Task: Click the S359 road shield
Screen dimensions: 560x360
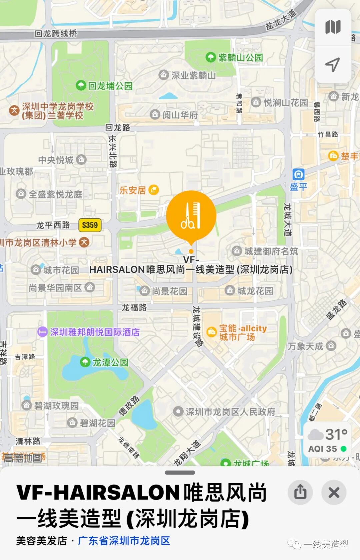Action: point(90,225)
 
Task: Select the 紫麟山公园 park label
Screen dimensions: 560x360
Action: point(240,58)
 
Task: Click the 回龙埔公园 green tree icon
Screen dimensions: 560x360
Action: point(81,85)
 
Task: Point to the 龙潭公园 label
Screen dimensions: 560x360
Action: point(110,362)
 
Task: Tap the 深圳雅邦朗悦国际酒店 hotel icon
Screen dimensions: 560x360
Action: point(42,332)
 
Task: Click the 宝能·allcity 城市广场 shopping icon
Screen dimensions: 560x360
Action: point(212,332)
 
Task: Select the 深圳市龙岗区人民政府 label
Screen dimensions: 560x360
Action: point(230,412)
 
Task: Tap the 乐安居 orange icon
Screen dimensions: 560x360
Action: point(154,190)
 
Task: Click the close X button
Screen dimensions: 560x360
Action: point(334,492)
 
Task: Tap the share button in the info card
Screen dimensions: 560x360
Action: point(300,492)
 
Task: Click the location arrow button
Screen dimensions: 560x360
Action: point(332,65)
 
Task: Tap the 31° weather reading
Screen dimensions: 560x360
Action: point(336,434)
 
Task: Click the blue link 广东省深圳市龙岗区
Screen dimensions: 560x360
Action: point(124,541)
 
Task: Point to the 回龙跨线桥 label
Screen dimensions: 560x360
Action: point(56,33)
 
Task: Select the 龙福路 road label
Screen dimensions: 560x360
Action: point(134,307)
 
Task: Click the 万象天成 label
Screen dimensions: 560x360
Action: point(305,346)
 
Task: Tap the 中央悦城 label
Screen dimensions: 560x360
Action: point(56,160)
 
